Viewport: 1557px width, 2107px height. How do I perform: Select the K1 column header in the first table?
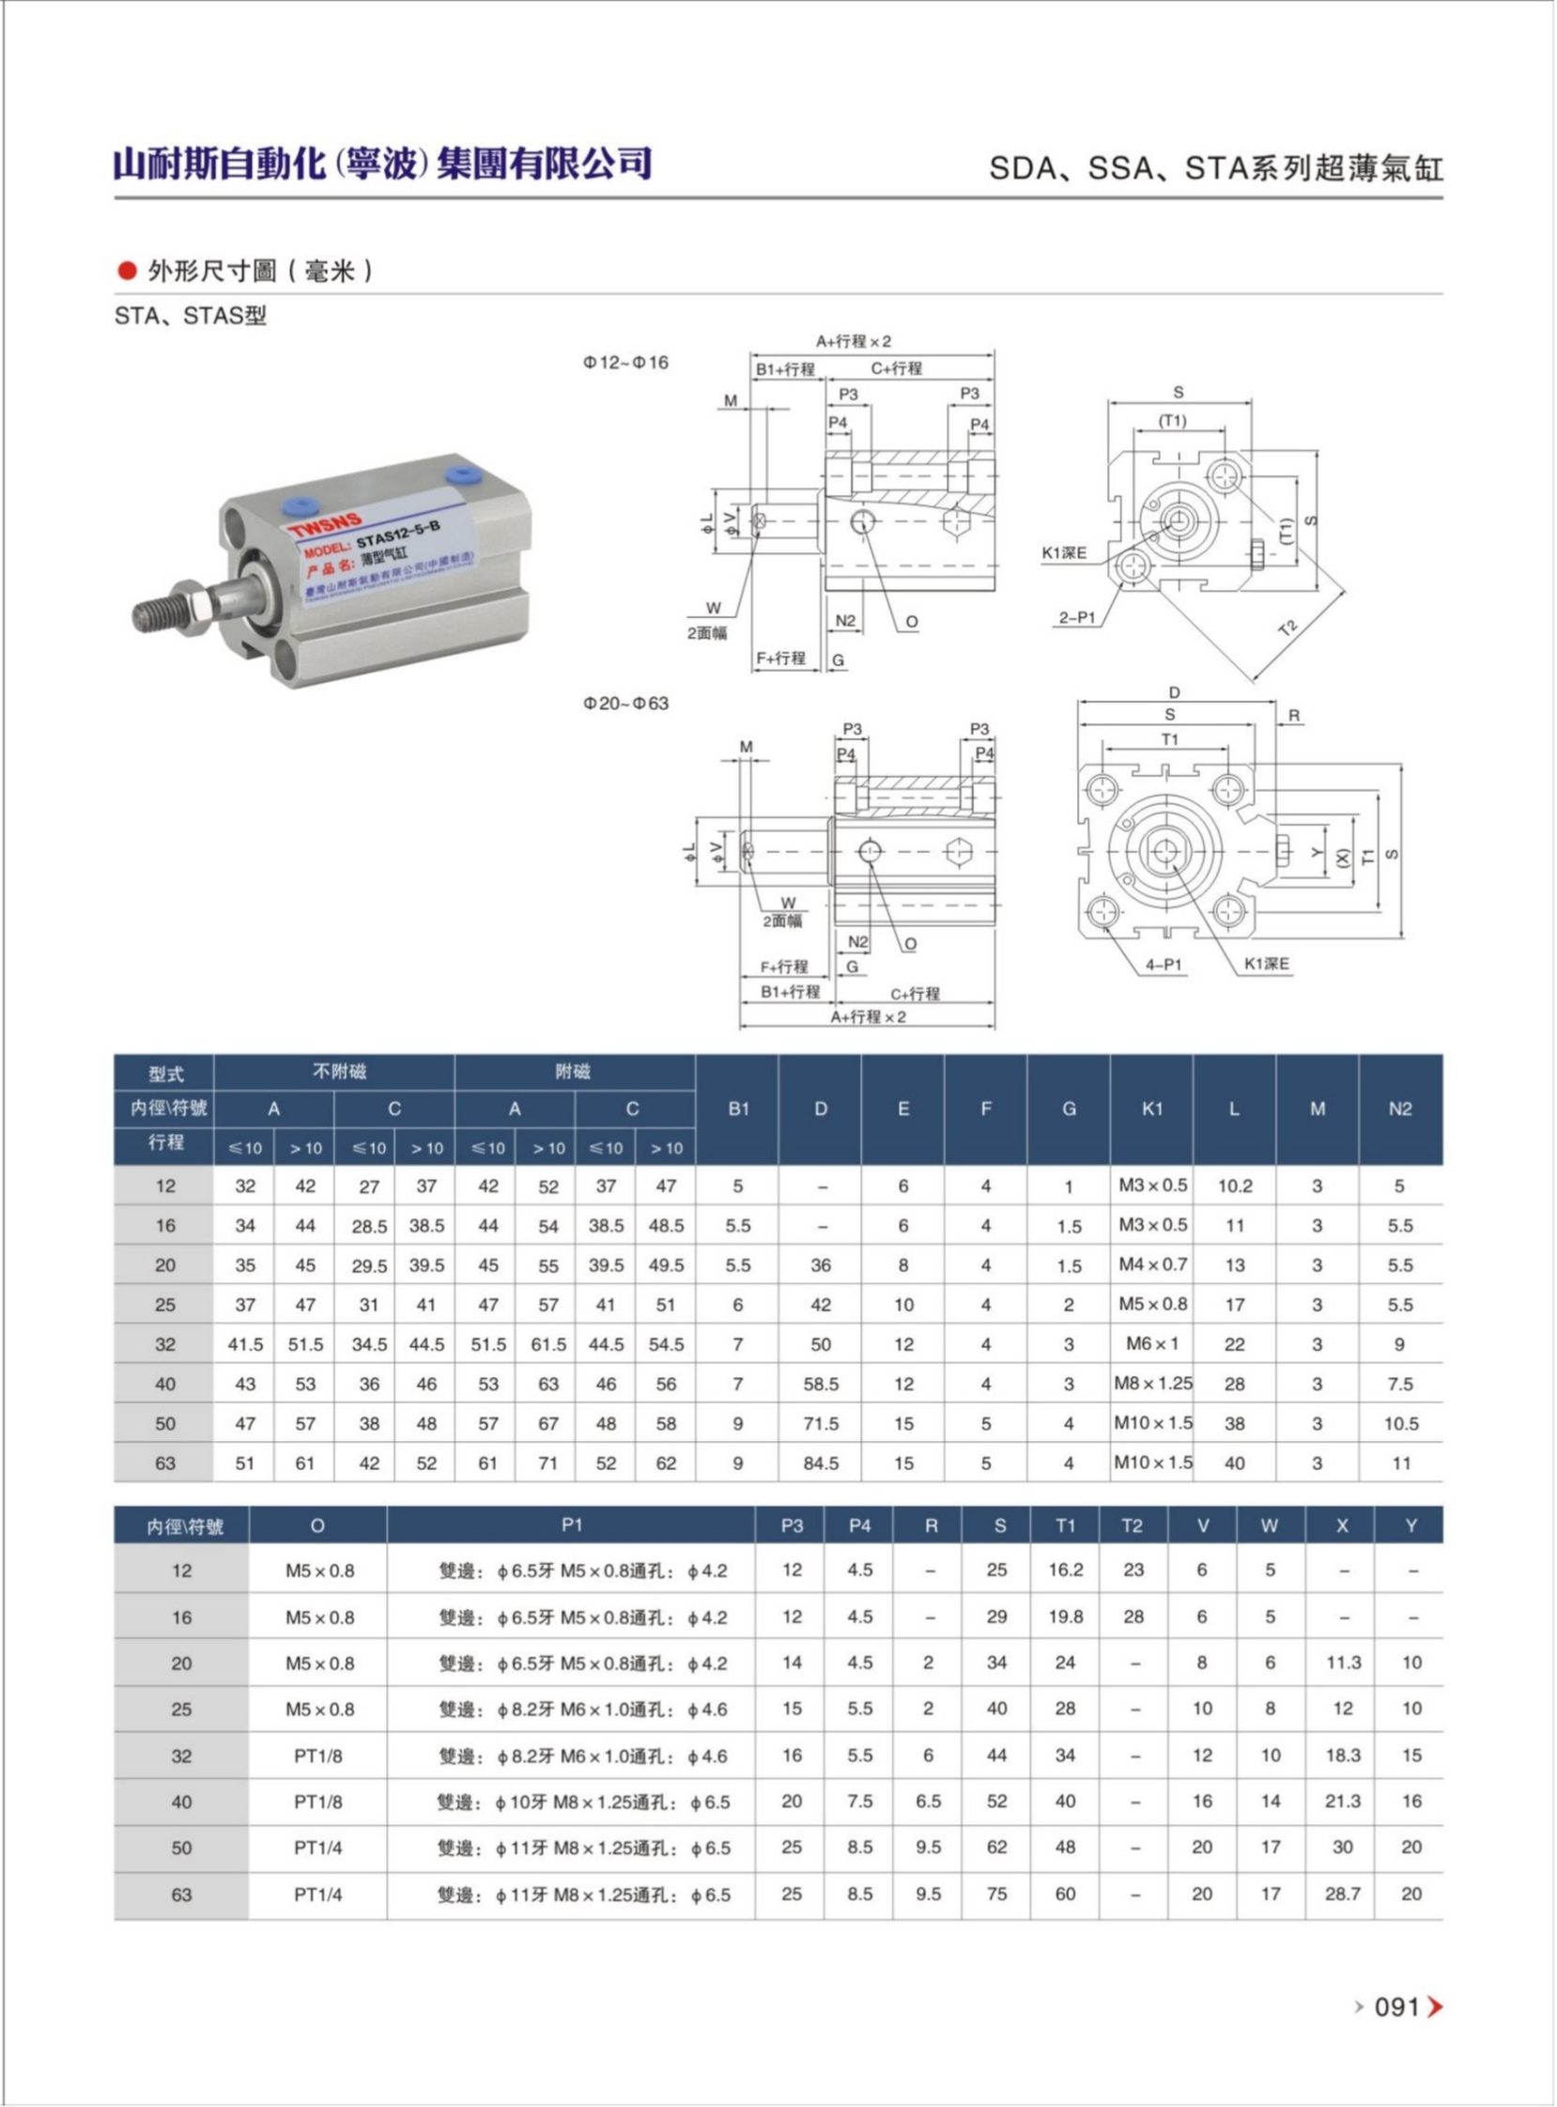(x=1151, y=1109)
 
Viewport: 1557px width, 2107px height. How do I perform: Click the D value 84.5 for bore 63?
(x=821, y=1464)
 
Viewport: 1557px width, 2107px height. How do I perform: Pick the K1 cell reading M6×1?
(x=1151, y=1343)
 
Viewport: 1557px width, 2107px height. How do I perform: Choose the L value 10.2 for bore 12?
(x=1235, y=1186)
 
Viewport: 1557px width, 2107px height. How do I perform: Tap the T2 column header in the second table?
(x=1133, y=1526)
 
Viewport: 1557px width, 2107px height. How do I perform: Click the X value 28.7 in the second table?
(x=1342, y=1894)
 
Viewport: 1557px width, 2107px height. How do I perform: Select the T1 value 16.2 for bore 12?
(x=1065, y=1570)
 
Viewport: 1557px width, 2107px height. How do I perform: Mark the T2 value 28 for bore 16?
(x=1133, y=1617)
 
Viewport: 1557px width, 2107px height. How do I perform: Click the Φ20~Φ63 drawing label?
(x=625, y=704)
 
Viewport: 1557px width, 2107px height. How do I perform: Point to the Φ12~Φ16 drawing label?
(x=625, y=362)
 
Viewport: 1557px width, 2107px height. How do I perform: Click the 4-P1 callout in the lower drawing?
(x=1163, y=965)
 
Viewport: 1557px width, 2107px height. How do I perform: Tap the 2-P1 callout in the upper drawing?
(x=1076, y=618)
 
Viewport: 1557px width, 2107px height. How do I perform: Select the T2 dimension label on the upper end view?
(x=1288, y=626)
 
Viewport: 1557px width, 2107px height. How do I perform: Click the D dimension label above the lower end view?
(x=1175, y=693)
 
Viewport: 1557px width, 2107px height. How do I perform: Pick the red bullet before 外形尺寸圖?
(x=127, y=271)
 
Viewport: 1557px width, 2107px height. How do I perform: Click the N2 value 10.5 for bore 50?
(x=1400, y=1423)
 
